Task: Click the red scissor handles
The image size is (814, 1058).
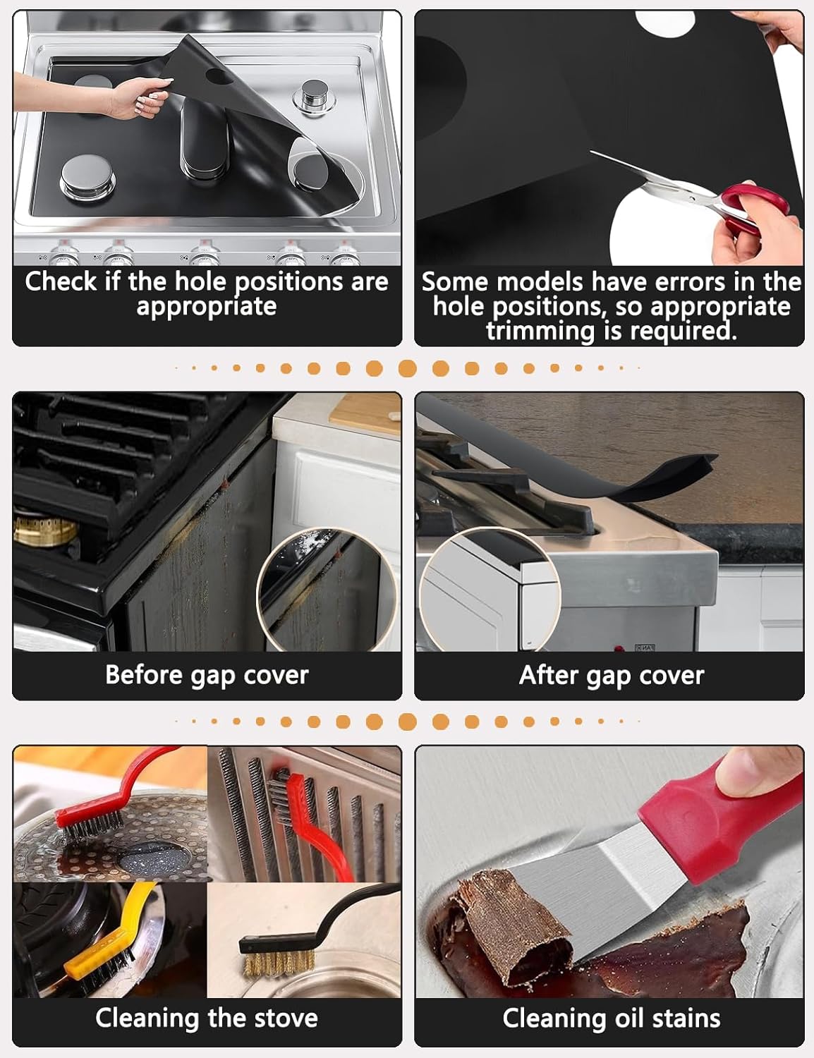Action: pos(752,204)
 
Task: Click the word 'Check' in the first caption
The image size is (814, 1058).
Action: pos(61,281)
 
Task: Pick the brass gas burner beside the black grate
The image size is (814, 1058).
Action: pos(44,530)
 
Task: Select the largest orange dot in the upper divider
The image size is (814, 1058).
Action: pos(408,368)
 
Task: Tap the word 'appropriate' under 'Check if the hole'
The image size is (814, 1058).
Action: pos(207,308)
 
